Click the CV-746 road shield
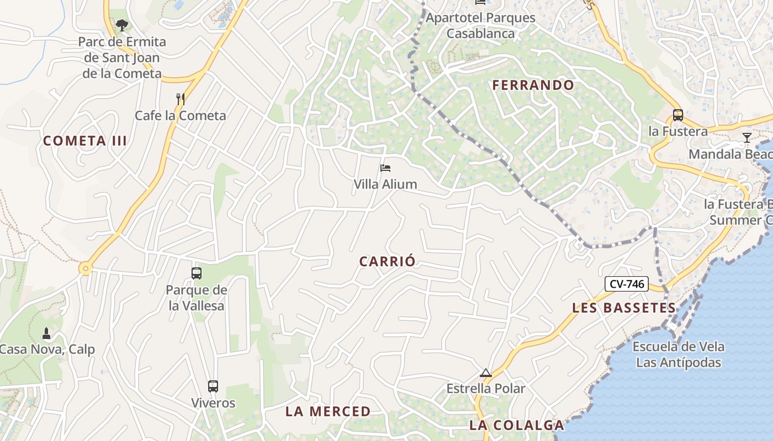[627, 284]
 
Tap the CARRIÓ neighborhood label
[386, 261]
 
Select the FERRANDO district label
[533, 85]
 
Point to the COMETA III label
[85, 141]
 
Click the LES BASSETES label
[624, 308]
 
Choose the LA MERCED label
[328, 411]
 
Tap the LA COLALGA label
[517, 425]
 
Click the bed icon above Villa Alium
[385, 168]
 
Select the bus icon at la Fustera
[677, 115]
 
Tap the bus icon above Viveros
[213, 386]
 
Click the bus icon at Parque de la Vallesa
[196, 273]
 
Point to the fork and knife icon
[180, 99]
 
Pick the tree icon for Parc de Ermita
[121, 25]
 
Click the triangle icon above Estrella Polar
[485, 373]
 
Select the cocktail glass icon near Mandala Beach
[746, 137]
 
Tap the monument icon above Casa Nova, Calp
[46, 334]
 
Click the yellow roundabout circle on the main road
[85, 268]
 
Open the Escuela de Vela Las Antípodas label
[678, 354]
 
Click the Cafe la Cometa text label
[181, 116]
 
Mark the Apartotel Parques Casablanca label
[480, 25]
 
